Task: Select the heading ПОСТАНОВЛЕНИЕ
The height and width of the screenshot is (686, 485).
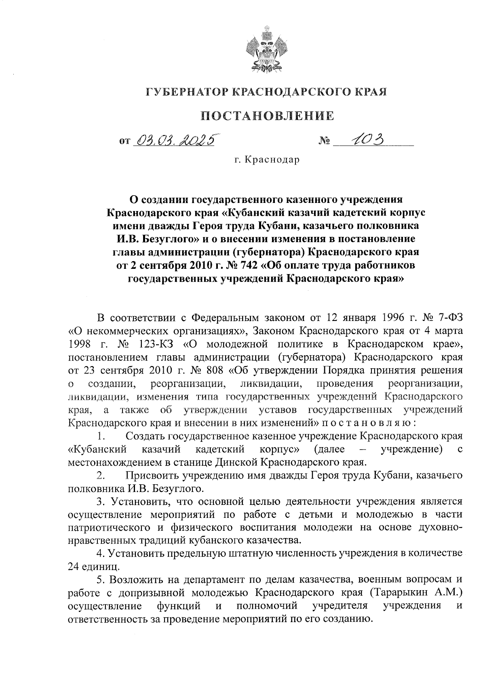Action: click(267, 116)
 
